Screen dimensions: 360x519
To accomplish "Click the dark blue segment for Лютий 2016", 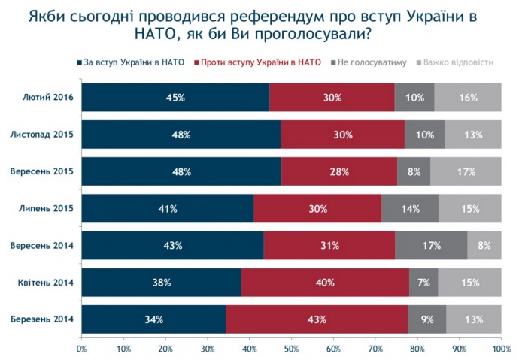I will click(175, 98).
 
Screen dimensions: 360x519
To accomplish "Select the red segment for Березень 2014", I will click(317, 319).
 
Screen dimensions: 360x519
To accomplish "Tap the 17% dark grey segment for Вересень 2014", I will click(431, 246).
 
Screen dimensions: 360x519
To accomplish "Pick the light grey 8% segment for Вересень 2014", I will click(484, 246).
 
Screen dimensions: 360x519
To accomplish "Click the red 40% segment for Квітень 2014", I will click(325, 283).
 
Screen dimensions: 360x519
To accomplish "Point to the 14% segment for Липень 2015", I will click(410, 209).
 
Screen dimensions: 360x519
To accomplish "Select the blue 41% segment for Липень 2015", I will click(167, 209).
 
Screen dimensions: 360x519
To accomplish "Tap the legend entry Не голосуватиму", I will click(373, 62).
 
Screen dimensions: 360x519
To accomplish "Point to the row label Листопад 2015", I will click(41, 135).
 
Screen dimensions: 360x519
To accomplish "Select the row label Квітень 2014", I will click(45, 283).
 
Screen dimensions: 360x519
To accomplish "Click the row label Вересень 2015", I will click(41, 172).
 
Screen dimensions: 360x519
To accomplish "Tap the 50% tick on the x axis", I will click(291, 349).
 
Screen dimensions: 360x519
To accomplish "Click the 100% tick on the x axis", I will click(500, 349).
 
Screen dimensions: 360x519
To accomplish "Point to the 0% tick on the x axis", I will click(81, 349).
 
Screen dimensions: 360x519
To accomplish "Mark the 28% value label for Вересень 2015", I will click(338, 172).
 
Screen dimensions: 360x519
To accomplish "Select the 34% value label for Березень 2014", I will click(153, 319).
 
